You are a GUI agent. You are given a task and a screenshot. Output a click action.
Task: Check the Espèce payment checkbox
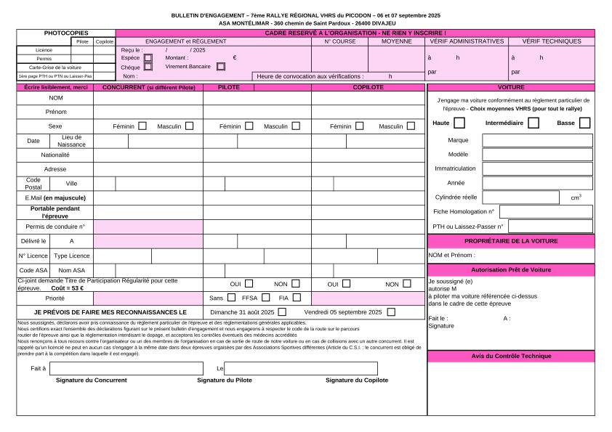coord(148,57)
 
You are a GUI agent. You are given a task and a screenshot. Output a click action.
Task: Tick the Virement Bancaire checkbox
coord(221,66)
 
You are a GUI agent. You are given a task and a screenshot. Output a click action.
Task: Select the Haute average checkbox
coord(459,123)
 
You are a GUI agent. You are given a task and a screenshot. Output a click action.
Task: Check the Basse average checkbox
coord(585,123)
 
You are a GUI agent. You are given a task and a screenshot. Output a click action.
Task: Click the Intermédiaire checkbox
coord(534,123)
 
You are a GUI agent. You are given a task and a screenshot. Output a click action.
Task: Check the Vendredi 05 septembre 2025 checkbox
coord(392,312)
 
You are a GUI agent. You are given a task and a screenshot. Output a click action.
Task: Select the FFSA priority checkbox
coord(266,297)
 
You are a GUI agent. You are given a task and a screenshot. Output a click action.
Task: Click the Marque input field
coord(537,140)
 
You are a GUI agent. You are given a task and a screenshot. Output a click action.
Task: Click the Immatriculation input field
coord(537,168)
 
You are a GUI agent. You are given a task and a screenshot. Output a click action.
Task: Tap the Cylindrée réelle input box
coord(520,197)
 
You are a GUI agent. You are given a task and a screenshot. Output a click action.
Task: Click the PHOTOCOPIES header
coord(66,33)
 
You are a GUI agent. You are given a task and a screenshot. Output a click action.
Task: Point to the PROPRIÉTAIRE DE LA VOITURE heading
coord(510,240)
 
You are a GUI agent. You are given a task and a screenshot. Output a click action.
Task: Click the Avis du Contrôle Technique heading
coord(510,356)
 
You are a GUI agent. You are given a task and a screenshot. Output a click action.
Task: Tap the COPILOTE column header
coord(369,87)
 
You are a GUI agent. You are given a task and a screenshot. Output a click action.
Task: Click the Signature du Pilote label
coord(225,380)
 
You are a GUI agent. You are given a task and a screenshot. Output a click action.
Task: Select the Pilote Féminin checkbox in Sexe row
coord(249,126)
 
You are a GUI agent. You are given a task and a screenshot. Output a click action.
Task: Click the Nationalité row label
coord(55,155)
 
